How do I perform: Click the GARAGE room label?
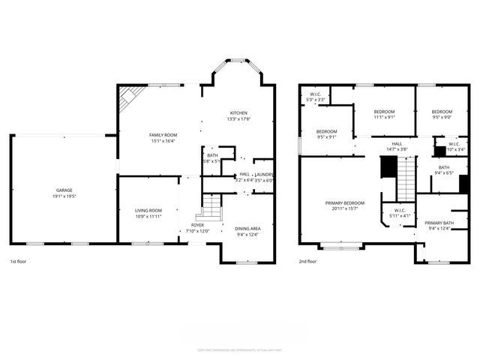point(64,190)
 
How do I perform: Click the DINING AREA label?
point(247,228)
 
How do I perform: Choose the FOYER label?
point(197,224)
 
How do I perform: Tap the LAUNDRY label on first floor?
point(264,174)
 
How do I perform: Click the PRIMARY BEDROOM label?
point(345,203)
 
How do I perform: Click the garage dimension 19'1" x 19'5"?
point(64,196)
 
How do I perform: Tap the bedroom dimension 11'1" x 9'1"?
point(385,117)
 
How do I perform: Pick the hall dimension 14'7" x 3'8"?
point(397,149)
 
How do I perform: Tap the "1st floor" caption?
point(19,262)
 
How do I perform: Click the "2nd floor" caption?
point(307,262)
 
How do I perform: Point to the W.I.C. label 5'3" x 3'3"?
point(316,97)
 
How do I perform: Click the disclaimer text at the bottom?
point(240,349)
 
